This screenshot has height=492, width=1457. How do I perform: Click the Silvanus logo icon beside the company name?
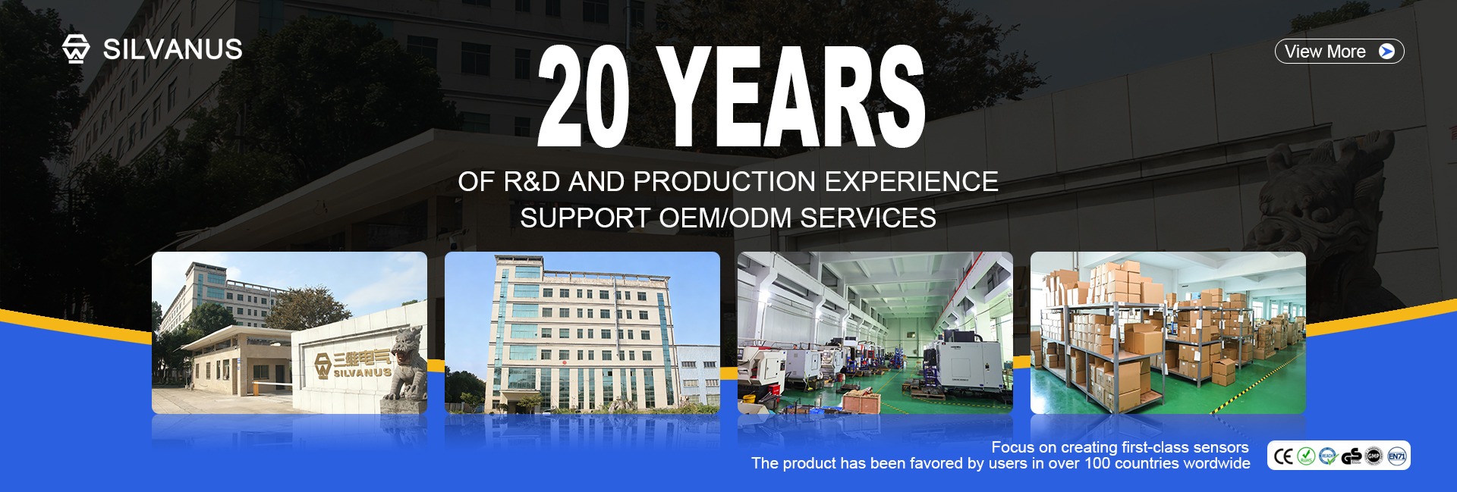(76, 49)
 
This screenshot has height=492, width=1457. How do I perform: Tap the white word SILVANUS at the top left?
(173, 49)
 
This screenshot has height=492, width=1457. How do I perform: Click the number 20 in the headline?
(584, 96)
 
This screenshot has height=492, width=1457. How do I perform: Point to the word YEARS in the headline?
(791, 96)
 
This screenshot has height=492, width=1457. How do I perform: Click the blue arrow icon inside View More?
(1386, 52)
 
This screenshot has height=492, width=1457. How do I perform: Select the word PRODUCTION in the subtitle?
(725, 182)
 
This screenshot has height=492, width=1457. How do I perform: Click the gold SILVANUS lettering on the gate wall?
(363, 372)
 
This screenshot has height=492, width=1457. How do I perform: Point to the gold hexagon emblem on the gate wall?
(323, 364)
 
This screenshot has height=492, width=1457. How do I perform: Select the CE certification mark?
(1283, 456)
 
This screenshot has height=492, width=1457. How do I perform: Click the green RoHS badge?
(1306, 456)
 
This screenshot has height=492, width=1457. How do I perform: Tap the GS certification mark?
(1352, 456)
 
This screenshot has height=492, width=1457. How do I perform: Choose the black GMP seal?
(1374, 456)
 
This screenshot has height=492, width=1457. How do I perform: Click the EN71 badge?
(1397, 456)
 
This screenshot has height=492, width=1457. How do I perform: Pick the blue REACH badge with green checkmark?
(1328, 456)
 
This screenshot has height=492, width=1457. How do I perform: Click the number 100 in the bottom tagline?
(1097, 463)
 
